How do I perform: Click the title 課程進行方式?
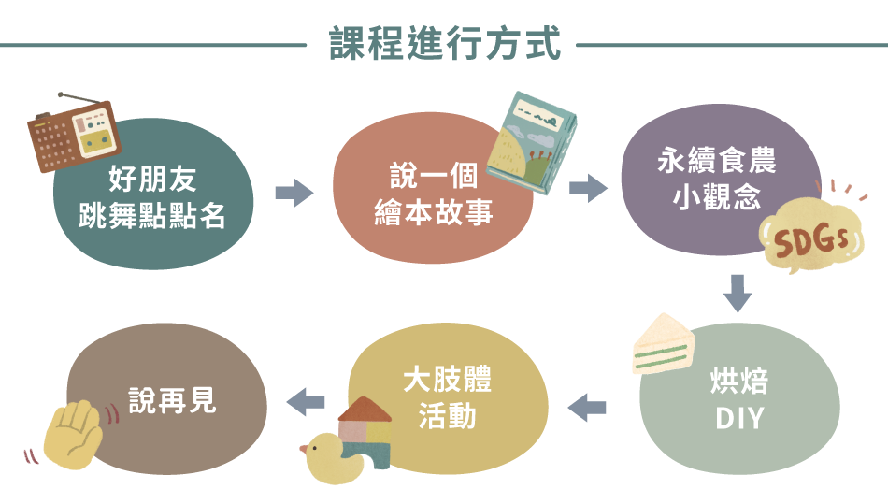445,44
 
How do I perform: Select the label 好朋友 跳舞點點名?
153,197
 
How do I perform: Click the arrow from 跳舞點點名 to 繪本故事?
294,194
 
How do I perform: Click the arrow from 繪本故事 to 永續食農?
588,187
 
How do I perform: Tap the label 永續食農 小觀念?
716,180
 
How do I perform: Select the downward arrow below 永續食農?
738,294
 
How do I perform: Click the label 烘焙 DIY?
739,401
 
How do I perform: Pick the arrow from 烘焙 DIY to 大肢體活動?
588,408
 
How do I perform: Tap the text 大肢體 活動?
447,397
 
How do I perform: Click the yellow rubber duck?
329,457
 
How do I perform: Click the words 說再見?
172,399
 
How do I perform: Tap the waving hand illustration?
73,434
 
